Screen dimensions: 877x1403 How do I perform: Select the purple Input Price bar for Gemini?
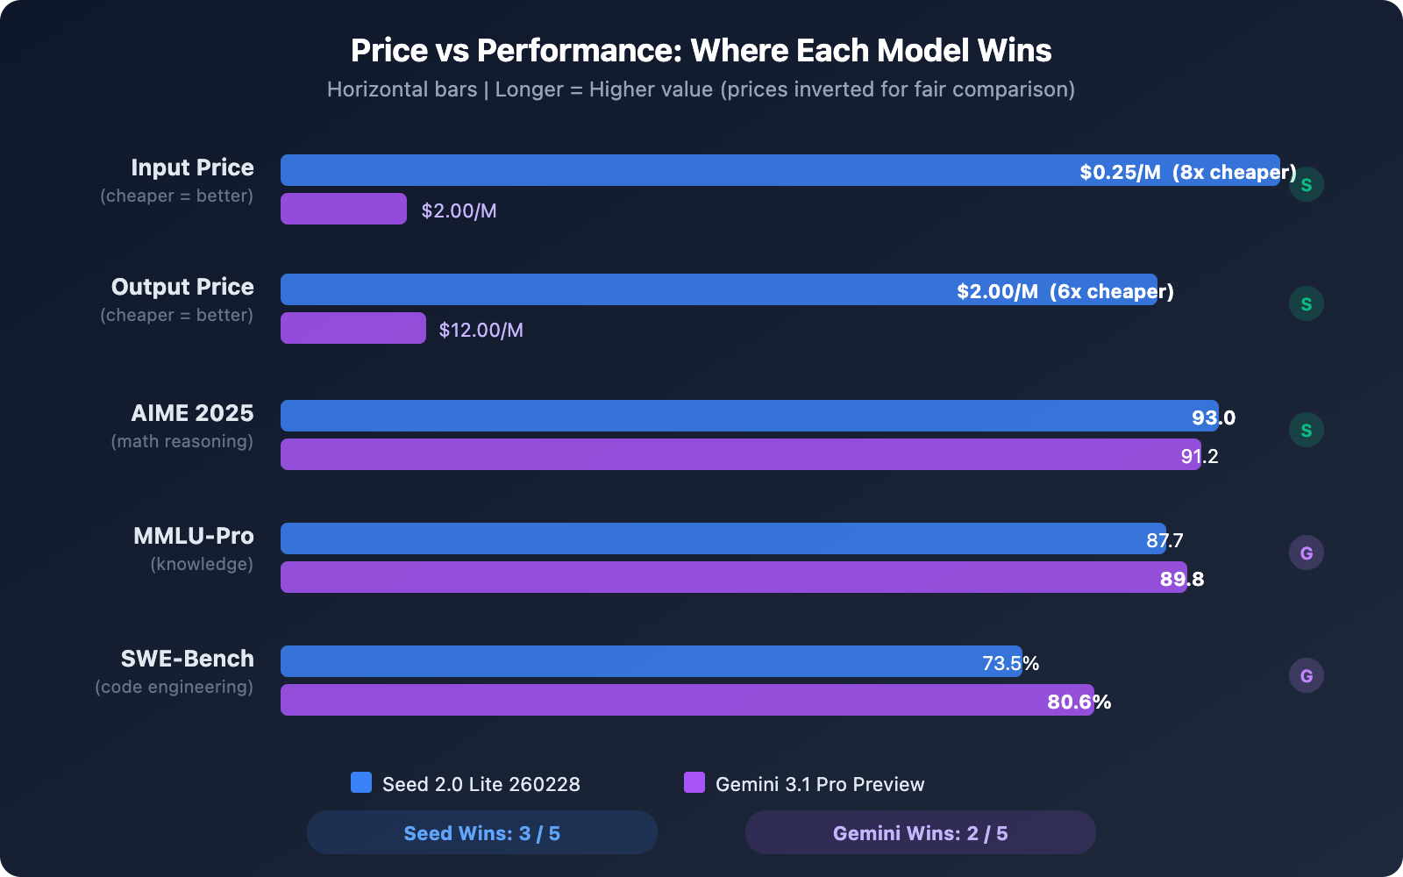click(x=343, y=209)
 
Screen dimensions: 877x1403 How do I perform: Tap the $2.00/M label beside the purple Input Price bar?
click(x=459, y=210)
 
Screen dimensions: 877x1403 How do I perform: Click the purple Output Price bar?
click(x=353, y=328)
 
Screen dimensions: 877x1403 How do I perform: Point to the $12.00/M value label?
click(x=481, y=330)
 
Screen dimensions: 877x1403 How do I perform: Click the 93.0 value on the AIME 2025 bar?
click(x=1213, y=417)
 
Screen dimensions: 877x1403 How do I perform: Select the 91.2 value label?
click(x=1199, y=456)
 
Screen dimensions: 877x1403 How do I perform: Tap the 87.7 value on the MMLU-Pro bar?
click(x=1164, y=540)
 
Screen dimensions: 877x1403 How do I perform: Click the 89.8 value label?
click(x=1181, y=579)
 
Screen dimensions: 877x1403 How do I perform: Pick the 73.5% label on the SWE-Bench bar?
click(x=1010, y=663)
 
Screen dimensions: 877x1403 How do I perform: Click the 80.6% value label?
click(x=1079, y=702)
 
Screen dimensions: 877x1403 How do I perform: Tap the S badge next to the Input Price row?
click(x=1306, y=184)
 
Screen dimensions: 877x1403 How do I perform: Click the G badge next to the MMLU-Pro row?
click(x=1306, y=553)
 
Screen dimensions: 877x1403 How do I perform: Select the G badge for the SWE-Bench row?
click(x=1306, y=675)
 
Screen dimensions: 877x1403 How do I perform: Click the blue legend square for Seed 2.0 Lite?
click(x=361, y=782)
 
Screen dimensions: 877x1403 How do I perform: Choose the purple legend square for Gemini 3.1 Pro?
click(x=694, y=782)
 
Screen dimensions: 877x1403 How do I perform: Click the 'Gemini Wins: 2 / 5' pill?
click(x=920, y=832)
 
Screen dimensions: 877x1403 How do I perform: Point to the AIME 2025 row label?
click(x=192, y=413)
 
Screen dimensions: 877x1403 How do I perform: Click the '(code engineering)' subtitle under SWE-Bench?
click(x=174, y=687)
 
